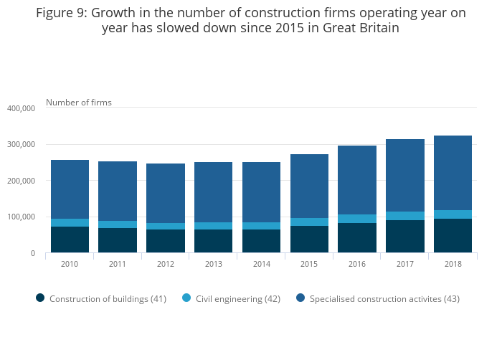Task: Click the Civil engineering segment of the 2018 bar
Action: pos(453,214)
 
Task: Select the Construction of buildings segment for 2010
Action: pos(70,240)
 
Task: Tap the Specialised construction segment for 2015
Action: pos(309,186)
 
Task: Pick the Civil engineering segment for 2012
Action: pos(166,226)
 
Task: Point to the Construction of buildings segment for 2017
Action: pos(404,236)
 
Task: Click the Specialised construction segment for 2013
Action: pos(213,192)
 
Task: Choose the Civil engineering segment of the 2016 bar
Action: pos(357,219)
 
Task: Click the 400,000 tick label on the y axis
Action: pos(21,109)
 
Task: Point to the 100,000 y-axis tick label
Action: pos(21,217)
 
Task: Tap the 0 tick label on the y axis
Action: pos(32,254)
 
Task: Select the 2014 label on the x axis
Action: pos(261,265)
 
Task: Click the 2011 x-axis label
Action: pos(118,265)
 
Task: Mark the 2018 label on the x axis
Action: pos(453,265)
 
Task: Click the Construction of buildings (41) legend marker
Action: pos(40,298)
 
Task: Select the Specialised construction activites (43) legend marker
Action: pos(300,298)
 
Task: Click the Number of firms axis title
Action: pos(79,103)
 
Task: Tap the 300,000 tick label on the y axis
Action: pos(21,145)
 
